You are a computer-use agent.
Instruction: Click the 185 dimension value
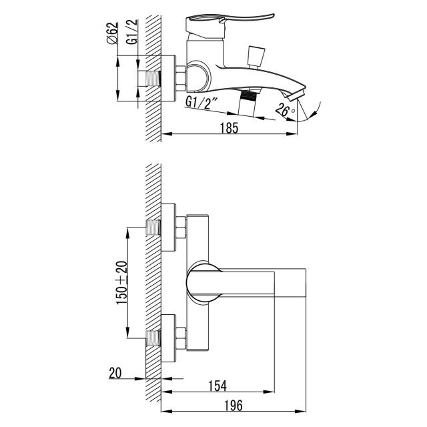click(229, 128)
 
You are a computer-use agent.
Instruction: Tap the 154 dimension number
click(218, 386)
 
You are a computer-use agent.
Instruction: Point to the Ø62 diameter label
click(112, 33)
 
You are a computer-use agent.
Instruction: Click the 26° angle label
click(284, 110)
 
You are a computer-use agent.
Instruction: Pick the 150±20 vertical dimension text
click(122, 282)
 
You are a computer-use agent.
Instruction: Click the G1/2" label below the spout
click(201, 103)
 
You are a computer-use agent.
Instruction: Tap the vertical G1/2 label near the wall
click(132, 31)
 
